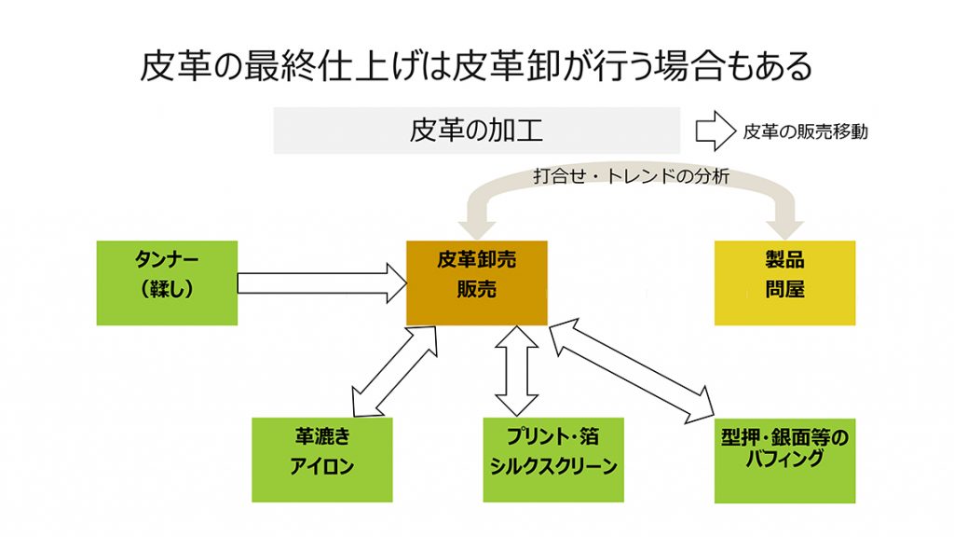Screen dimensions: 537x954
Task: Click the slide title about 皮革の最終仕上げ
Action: pyautogui.click(x=476, y=67)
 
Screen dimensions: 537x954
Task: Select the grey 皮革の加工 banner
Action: pyautogui.click(x=476, y=131)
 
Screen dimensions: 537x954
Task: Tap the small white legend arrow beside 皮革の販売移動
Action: pyautogui.click(x=715, y=131)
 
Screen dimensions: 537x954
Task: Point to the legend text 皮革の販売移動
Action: pyautogui.click(x=805, y=132)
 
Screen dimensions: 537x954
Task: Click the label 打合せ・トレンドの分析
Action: pyautogui.click(x=631, y=175)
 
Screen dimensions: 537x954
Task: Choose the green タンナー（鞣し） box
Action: pyautogui.click(x=167, y=283)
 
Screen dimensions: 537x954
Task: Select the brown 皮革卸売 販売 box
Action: pyautogui.click(x=476, y=283)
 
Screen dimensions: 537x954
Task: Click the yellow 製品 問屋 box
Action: pyautogui.click(x=784, y=283)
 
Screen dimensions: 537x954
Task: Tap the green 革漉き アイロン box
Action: pyautogui.click(x=321, y=459)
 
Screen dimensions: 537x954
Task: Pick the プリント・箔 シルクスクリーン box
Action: pyautogui.click(x=553, y=459)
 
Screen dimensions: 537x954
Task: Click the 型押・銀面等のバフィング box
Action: pyautogui.click(x=784, y=459)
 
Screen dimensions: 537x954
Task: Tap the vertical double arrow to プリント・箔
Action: pyautogui.click(x=517, y=371)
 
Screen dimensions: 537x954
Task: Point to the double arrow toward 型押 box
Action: pyautogui.click(x=634, y=371)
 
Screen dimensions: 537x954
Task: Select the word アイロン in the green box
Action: pyautogui.click(x=321, y=467)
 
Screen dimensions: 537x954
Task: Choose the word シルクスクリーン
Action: pyautogui.click(x=553, y=467)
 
